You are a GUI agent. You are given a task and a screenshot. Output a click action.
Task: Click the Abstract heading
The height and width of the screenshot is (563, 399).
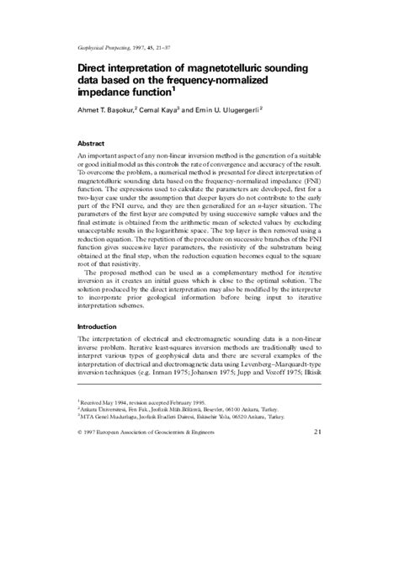click(94, 143)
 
